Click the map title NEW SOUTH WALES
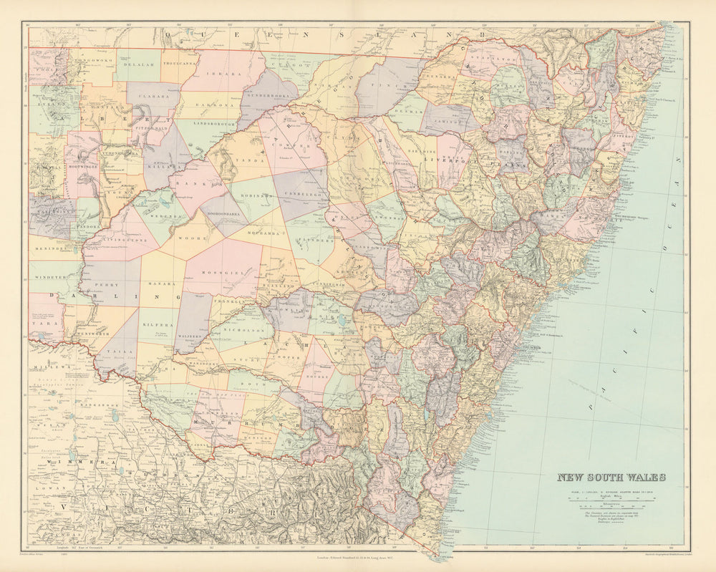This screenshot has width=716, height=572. [611, 478]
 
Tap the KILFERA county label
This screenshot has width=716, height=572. [159, 322]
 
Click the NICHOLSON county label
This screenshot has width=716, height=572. [241, 332]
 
